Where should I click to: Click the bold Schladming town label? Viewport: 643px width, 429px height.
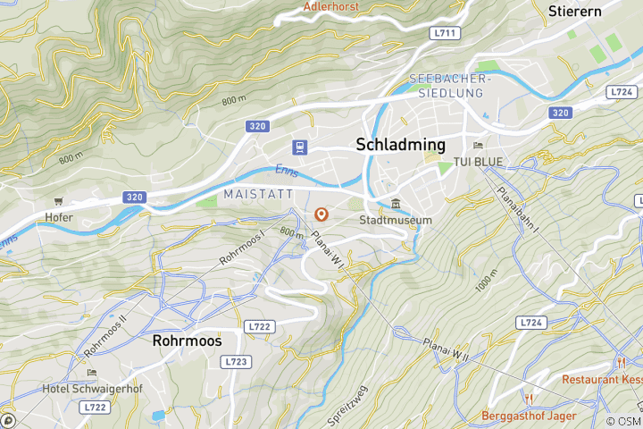[x=400, y=145]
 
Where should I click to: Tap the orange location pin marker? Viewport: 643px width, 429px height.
[x=322, y=214]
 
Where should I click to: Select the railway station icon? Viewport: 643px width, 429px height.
[x=297, y=147]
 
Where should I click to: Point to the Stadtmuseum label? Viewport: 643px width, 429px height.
[x=396, y=220]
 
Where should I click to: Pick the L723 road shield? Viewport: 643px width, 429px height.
[x=236, y=361]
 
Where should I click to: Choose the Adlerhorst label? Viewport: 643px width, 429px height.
[x=331, y=6]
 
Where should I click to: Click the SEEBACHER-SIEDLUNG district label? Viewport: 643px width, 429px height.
[x=447, y=86]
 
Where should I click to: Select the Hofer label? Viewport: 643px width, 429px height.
[x=59, y=217]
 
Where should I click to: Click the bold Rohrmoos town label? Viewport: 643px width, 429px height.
[x=187, y=341]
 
